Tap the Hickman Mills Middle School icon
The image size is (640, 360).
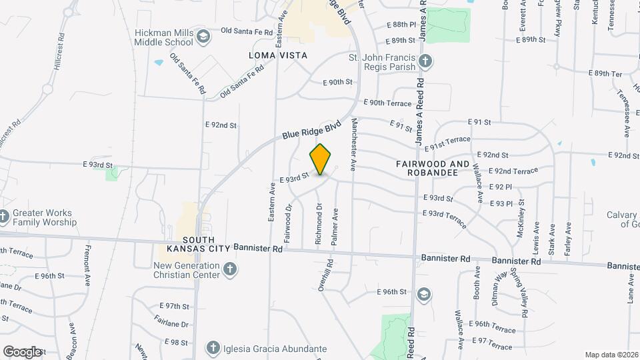(x=204, y=37)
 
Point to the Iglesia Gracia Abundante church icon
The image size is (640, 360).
(x=213, y=348)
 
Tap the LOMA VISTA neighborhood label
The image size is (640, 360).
(x=278, y=55)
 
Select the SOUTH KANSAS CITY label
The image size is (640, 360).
(x=190, y=244)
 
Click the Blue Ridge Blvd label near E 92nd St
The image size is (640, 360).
(x=311, y=130)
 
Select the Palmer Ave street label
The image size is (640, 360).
(x=335, y=227)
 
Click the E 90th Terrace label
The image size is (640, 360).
(x=387, y=103)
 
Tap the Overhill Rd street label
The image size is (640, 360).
(x=321, y=274)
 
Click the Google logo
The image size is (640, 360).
(x=22, y=351)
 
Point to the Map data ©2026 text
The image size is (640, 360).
(x=611, y=355)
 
